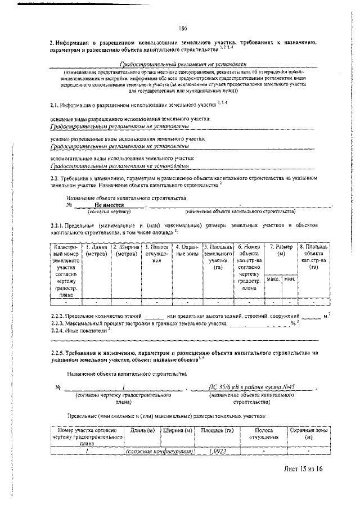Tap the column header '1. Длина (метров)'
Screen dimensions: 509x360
click(96, 250)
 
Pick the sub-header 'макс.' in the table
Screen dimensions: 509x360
click(273, 279)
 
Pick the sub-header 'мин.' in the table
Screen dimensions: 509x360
click(290, 279)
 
